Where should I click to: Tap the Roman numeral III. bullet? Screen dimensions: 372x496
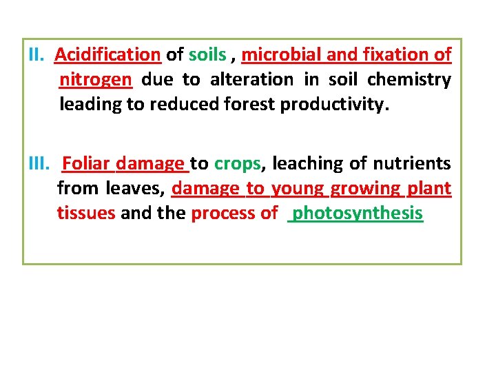(x=42, y=163)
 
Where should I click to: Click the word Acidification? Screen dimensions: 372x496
(x=107, y=54)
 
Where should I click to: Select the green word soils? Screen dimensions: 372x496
(x=207, y=54)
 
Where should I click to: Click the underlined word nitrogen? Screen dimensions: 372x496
(x=95, y=80)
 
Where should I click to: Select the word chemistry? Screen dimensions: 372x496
(x=409, y=79)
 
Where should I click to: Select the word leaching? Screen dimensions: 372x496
(x=306, y=164)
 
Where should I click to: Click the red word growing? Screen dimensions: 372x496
(x=366, y=189)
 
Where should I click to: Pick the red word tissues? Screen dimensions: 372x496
(x=86, y=213)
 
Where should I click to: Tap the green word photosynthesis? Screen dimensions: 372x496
(x=358, y=214)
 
